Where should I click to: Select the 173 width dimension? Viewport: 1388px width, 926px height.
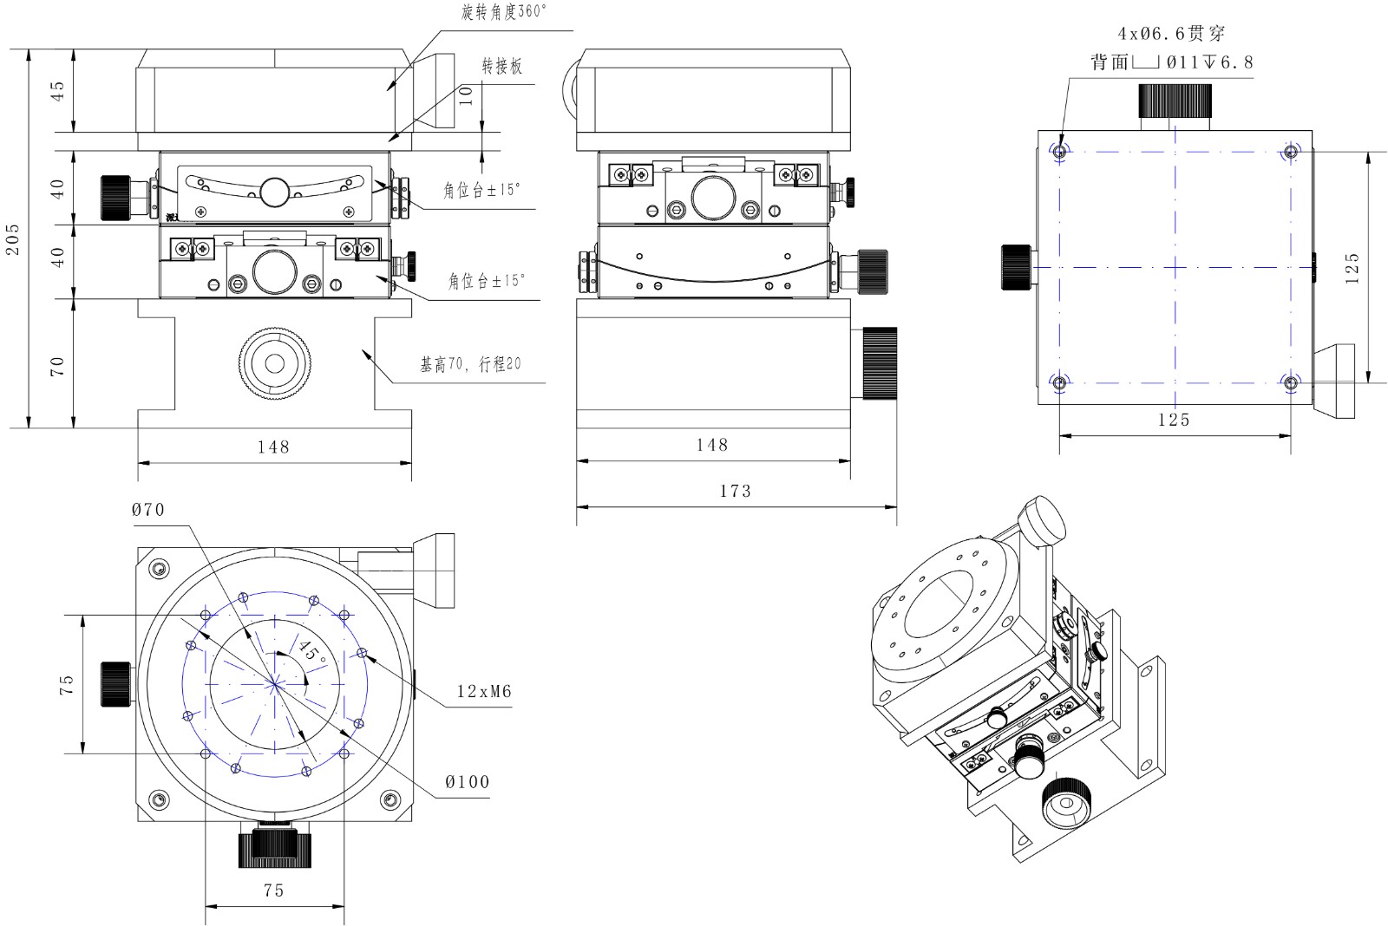pyautogui.click(x=735, y=491)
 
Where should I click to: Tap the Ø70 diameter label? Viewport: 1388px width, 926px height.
pyautogui.click(x=148, y=510)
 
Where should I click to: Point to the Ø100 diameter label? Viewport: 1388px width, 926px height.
pyautogui.click(x=467, y=782)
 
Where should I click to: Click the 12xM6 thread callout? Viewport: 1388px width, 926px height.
pyautogui.click(x=484, y=692)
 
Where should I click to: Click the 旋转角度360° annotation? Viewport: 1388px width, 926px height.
pyautogui.click(x=504, y=12)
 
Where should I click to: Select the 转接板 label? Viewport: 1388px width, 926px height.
pyautogui.click(x=502, y=66)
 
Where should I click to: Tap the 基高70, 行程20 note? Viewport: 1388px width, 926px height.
pyautogui.click(x=470, y=365)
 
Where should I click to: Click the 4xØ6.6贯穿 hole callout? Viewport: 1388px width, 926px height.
pyautogui.click(x=1171, y=34)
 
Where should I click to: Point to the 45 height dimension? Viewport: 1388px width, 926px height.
pyautogui.click(x=57, y=91)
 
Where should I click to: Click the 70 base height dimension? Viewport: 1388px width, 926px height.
pyautogui.click(x=57, y=366)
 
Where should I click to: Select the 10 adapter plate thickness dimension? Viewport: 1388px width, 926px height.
pyautogui.click(x=467, y=95)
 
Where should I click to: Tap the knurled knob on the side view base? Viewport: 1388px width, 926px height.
pyautogui.click(x=880, y=362)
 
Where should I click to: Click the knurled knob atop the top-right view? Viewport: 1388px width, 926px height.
pyautogui.click(x=1175, y=101)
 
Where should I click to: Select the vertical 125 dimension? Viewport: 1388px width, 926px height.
pyautogui.click(x=1352, y=268)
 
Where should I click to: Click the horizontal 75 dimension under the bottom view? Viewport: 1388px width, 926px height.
pyautogui.click(x=273, y=890)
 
